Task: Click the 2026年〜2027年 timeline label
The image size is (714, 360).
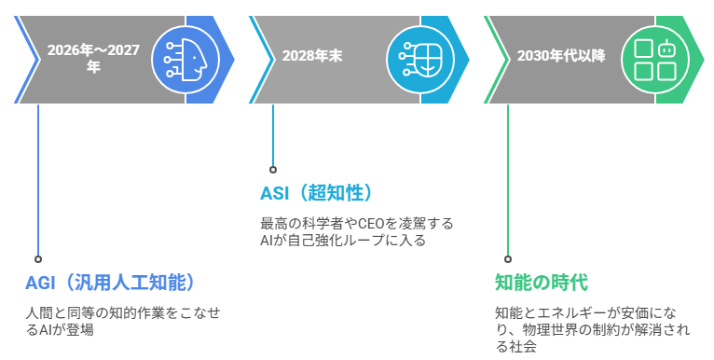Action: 93,58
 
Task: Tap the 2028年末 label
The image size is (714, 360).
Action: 312,56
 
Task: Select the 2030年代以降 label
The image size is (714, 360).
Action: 560,56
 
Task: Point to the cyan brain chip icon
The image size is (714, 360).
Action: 419,57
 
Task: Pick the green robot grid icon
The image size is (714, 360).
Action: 654,57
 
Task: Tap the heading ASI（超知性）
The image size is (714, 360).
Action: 317,193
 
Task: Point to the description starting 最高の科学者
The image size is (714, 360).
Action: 357,231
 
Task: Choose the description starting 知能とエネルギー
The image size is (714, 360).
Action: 593,329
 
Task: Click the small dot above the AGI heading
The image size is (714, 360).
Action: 38,259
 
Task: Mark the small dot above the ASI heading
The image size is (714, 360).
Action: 273,170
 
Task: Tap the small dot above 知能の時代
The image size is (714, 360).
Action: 508,259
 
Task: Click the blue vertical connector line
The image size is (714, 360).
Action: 38,177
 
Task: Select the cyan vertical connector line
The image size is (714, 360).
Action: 273,135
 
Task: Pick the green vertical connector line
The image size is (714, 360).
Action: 508,177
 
